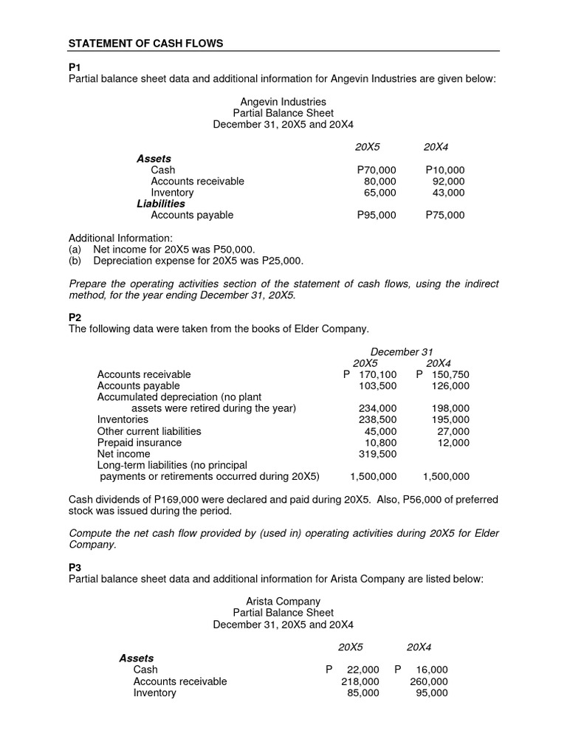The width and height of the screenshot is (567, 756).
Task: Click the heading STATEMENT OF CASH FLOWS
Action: (145, 44)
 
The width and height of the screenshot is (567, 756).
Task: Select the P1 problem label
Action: (75, 67)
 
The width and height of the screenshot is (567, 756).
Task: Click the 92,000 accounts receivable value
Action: (448, 181)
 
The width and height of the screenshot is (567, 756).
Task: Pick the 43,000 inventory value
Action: (448, 193)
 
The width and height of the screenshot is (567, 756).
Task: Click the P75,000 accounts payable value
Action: (445, 215)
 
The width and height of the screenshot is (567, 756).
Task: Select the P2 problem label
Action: (75, 317)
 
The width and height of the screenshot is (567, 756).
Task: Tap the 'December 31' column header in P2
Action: (401, 351)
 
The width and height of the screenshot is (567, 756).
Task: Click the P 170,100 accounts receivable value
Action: (371, 374)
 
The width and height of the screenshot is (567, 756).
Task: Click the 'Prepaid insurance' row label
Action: (140, 442)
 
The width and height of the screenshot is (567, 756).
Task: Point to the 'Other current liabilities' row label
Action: (149, 431)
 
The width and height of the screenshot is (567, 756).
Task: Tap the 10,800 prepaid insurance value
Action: (380, 442)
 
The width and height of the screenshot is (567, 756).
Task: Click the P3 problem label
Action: (75, 567)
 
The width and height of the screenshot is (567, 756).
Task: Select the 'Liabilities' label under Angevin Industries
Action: (160, 204)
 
